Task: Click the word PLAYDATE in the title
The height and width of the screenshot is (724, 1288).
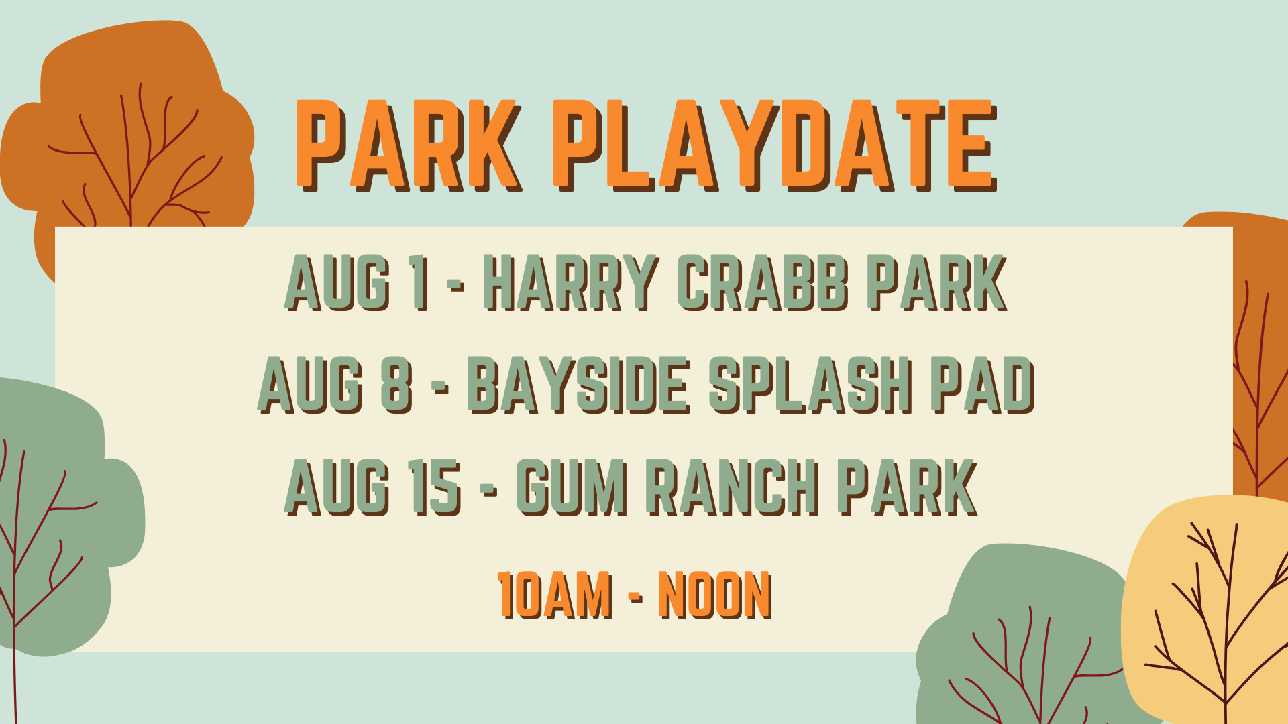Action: tap(775, 145)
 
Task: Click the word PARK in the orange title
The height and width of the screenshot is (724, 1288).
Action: tap(409, 145)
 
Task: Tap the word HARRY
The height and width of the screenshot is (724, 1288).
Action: tap(570, 283)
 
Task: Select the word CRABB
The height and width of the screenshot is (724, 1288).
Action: tap(762, 283)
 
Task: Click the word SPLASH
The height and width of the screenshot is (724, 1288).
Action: tap(810, 385)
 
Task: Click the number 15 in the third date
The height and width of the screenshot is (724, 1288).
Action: tap(435, 487)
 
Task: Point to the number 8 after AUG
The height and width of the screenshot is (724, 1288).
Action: tap(396, 385)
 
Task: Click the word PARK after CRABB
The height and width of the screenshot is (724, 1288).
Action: tap(936, 283)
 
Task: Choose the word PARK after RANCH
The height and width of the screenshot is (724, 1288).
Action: tap(907, 487)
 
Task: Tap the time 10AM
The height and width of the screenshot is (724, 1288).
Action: tap(555, 595)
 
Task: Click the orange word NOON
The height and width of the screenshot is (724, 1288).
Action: tap(715, 595)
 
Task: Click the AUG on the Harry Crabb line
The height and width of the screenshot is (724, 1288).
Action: tap(337, 283)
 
